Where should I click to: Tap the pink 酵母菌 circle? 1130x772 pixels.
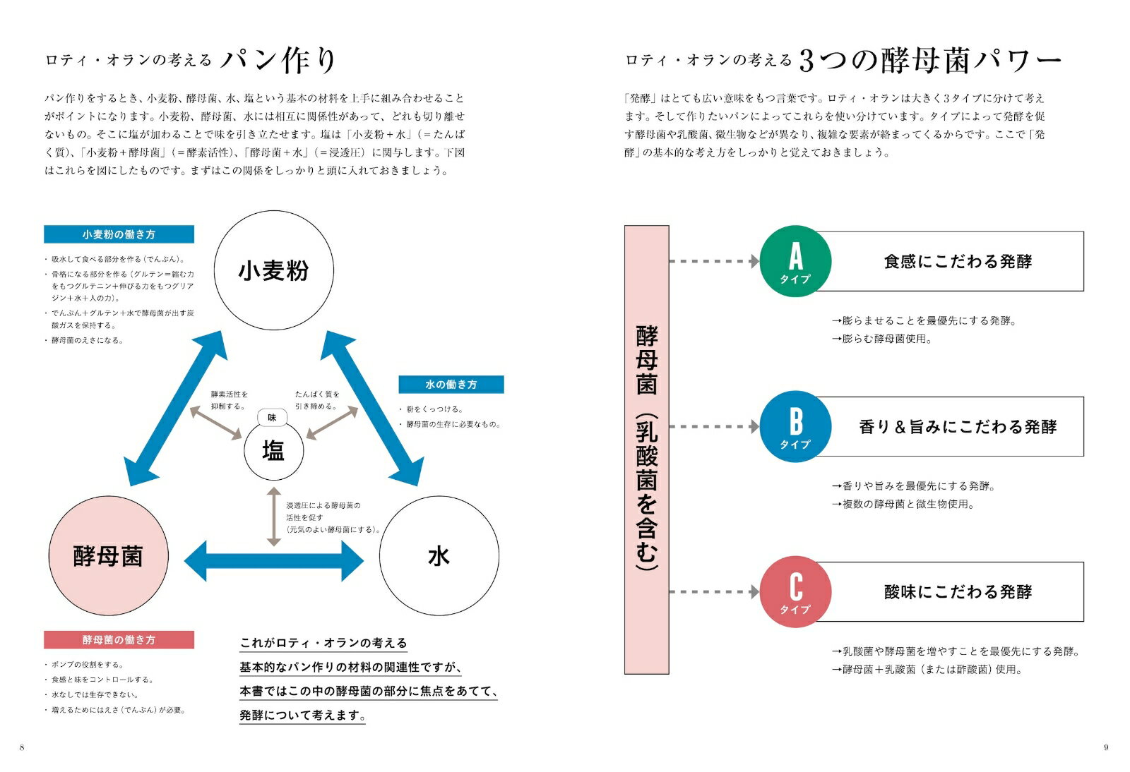tap(108, 556)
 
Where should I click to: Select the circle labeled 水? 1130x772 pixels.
tap(439, 556)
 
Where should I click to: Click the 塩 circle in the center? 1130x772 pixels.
tap(273, 450)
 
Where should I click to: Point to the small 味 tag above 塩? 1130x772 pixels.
tap(272, 418)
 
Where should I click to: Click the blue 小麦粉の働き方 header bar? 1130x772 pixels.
tap(119, 234)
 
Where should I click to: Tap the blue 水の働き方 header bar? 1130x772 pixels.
tap(451, 385)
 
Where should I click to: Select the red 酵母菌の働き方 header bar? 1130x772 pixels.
tap(119, 640)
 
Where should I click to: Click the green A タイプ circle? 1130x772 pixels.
tap(795, 261)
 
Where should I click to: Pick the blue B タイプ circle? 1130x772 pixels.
tap(795, 426)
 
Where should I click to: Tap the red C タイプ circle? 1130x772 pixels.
tap(795, 591)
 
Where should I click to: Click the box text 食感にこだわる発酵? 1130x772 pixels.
tap(958, 262)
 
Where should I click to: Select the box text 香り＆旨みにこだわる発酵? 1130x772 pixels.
tap(958, 427)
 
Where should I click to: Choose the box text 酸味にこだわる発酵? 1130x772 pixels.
tap(958, 592)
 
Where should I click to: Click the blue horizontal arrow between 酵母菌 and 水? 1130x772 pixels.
tap(273, 561)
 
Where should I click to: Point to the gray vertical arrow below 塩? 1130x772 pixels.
tap(273, 517)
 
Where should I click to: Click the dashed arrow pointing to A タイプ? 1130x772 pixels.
tap(713, 261)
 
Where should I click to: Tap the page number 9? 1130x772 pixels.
tap(1106, 747)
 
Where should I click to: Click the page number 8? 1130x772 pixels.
tap(22, 747)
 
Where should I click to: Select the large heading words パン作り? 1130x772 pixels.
tap(278, 60)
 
